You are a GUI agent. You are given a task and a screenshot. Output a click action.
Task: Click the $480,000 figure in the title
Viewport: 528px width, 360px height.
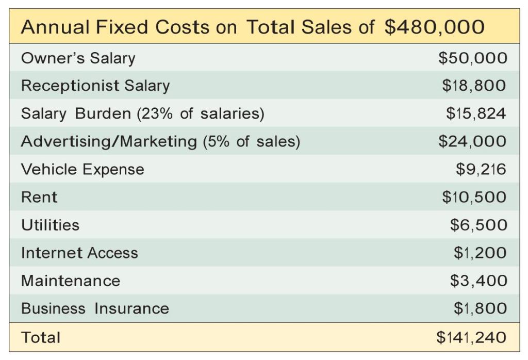pyautogui.click(x=434, y=27)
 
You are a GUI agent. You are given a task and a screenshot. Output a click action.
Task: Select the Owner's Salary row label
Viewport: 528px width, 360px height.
pyautogui.click(x=78, y=58)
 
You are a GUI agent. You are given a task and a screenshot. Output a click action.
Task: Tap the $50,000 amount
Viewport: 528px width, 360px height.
pyautogui.click(x=472, y=58)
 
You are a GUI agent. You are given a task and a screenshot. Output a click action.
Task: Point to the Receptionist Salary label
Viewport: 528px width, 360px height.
pyautogui.click(x=95, y=86)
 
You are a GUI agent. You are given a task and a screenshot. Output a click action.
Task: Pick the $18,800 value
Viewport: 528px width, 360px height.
pyautogui.click(x=474, y=86)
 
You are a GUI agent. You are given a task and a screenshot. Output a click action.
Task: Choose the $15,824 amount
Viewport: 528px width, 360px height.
pyautogui.click(x=475, y=113)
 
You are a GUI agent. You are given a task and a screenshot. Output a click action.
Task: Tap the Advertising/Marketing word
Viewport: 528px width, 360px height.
pyautogui.click(x=109, y=141)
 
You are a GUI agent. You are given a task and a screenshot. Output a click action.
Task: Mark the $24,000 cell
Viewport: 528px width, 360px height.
pyautogui.click(x=472, y=141)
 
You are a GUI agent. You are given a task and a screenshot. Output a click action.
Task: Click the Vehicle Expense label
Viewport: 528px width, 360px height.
pyautogui.click(x=82, y=169)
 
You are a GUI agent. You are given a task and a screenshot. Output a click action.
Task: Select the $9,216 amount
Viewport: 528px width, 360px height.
pyautogui.click(x=481, y=169)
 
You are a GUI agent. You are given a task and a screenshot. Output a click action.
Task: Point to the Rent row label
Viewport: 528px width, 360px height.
pyautogui.click(x=39, y=197)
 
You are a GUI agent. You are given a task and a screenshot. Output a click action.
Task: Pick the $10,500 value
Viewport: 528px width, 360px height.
pyautogui.click(x=474, y=197)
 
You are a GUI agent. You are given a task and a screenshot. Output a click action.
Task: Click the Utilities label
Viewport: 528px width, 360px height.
pyautogui.click(x=50, y=225)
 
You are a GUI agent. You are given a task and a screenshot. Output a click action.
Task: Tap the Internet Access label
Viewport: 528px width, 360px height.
pyautogui.click(x=79, y=253)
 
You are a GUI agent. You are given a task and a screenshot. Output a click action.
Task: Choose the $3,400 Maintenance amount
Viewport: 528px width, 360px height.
pyautogui.click(x=478, y=281)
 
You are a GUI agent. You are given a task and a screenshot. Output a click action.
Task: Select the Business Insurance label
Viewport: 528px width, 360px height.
pyautogui.click(x=95, y=308)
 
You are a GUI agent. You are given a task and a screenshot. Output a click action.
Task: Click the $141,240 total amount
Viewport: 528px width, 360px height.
pyautogui.click(x=471, y=337)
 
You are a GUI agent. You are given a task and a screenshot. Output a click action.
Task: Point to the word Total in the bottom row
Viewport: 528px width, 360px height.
pyautogui.click(x=41, y=337)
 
